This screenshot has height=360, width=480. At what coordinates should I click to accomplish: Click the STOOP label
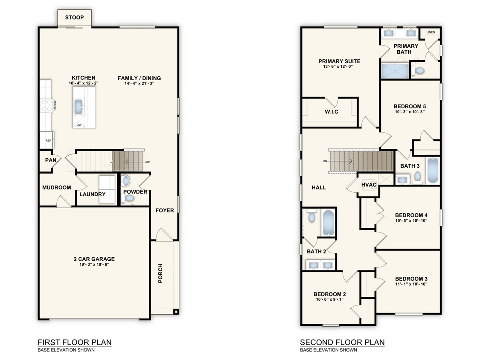pos(74,17)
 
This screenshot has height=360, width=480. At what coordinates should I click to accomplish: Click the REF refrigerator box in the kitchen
pos(47,140)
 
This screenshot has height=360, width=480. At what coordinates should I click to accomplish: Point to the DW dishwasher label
pos(79,125)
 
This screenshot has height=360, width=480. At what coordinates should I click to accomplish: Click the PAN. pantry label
pos(51,160)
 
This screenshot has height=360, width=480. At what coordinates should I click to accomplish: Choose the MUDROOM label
pos(56,188)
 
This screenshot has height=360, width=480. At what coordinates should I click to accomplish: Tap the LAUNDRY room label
pos(92,195)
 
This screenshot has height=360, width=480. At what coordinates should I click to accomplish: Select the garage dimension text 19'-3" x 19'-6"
pos(94,265)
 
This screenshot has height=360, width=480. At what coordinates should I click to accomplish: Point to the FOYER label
pos(164,210)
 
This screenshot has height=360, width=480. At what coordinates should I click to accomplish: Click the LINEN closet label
pos(431,32)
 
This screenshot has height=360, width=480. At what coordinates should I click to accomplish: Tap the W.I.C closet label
pos(331,112)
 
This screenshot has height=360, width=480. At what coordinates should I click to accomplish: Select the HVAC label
pos(368,185)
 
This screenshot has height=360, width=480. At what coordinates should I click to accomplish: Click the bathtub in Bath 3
pos(432,171)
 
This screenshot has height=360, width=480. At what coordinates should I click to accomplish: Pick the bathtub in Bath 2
pos(328,222)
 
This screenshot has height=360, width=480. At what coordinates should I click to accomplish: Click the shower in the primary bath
pos(394,71)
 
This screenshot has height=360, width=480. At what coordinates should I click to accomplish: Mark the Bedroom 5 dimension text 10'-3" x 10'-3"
pos(410,112)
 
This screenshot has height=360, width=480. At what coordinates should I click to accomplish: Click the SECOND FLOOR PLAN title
pos(342,343)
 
